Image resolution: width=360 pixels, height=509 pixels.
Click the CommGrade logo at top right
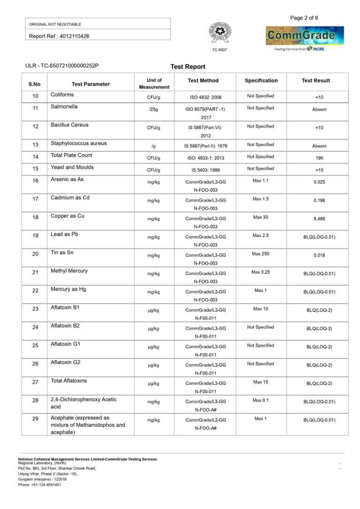tap(305, 36)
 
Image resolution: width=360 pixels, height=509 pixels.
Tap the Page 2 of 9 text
tap(304, 18)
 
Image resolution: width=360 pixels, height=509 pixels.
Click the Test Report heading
tap(188, 67)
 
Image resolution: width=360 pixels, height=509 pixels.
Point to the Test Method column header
tap(203, 81)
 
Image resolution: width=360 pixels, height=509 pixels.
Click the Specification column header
tap(261, 81)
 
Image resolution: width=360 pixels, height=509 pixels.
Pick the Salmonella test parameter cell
tap(64, 107)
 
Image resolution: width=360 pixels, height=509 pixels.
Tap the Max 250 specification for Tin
tap(261, 254)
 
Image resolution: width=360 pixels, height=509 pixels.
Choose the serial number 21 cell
tap(35, 272)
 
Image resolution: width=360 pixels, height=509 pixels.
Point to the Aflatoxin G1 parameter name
tap(66, 344)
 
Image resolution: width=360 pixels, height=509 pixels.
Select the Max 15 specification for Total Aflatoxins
tap(261, 382)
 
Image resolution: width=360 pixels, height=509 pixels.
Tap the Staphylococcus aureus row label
tap(79, 143)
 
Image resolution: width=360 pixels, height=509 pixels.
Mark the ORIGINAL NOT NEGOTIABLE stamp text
tap(55, 24)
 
